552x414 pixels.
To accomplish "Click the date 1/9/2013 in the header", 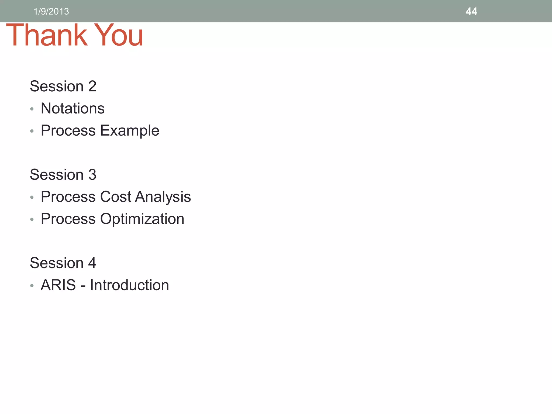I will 51,12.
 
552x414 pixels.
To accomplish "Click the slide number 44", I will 471,12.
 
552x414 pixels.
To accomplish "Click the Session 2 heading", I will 63,86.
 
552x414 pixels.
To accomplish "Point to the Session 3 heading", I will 63,175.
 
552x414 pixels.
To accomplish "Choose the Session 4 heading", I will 63,263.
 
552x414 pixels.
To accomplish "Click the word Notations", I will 73,108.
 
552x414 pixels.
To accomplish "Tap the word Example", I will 130,131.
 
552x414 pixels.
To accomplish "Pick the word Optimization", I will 142,219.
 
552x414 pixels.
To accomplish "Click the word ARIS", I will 58,285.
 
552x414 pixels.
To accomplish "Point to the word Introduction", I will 129,285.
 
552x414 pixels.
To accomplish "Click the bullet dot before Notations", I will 32,109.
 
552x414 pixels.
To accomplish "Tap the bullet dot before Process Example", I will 32,131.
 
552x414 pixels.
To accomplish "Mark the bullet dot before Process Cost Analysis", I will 32,198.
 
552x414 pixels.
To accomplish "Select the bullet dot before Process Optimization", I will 32,220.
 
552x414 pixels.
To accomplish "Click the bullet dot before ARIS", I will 32,286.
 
